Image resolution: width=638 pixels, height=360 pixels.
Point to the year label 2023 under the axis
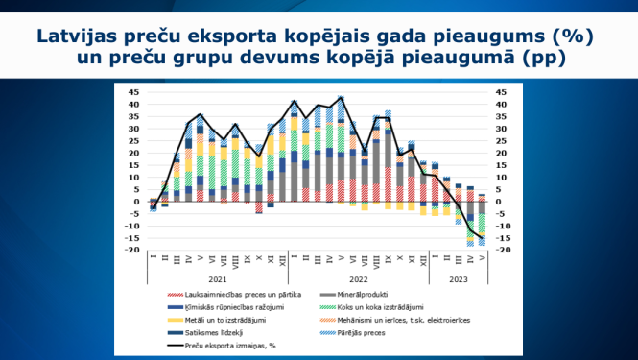point(459,278)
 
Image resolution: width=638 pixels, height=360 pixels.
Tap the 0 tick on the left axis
point(136,202)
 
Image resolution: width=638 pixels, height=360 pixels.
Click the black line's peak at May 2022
point(341,97)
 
